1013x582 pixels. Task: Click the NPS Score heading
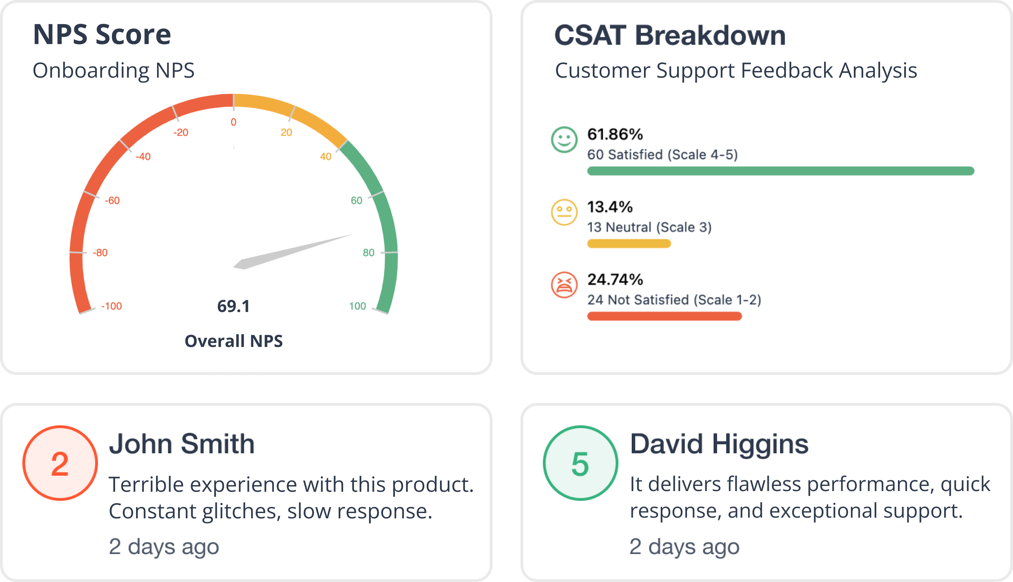coord(102,34)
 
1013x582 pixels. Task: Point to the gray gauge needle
coord(293,252)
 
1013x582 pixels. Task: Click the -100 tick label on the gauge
coord(111,306)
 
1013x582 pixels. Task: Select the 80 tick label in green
coord(369,253)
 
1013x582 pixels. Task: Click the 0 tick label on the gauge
coord(233,122)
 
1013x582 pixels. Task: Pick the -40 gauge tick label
coord(143,157)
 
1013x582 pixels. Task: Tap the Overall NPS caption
coord(233,341)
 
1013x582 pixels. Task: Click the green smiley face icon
coord(564,140)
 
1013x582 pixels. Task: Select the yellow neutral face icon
coord(564,212)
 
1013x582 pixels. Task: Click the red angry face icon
coord(564,285)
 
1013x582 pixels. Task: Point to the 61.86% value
coord(615,134)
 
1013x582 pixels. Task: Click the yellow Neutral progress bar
coord(629,243)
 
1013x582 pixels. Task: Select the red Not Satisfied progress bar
coord(664,316)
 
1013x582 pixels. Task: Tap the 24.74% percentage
coord(615,279)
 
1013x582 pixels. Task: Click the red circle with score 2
coord(60,463)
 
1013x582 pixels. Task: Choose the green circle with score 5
coord(580,463)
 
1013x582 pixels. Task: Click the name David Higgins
coord(719,444)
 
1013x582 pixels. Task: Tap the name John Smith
coord(182,444)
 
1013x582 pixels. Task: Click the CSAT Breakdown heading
coord(670,35)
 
